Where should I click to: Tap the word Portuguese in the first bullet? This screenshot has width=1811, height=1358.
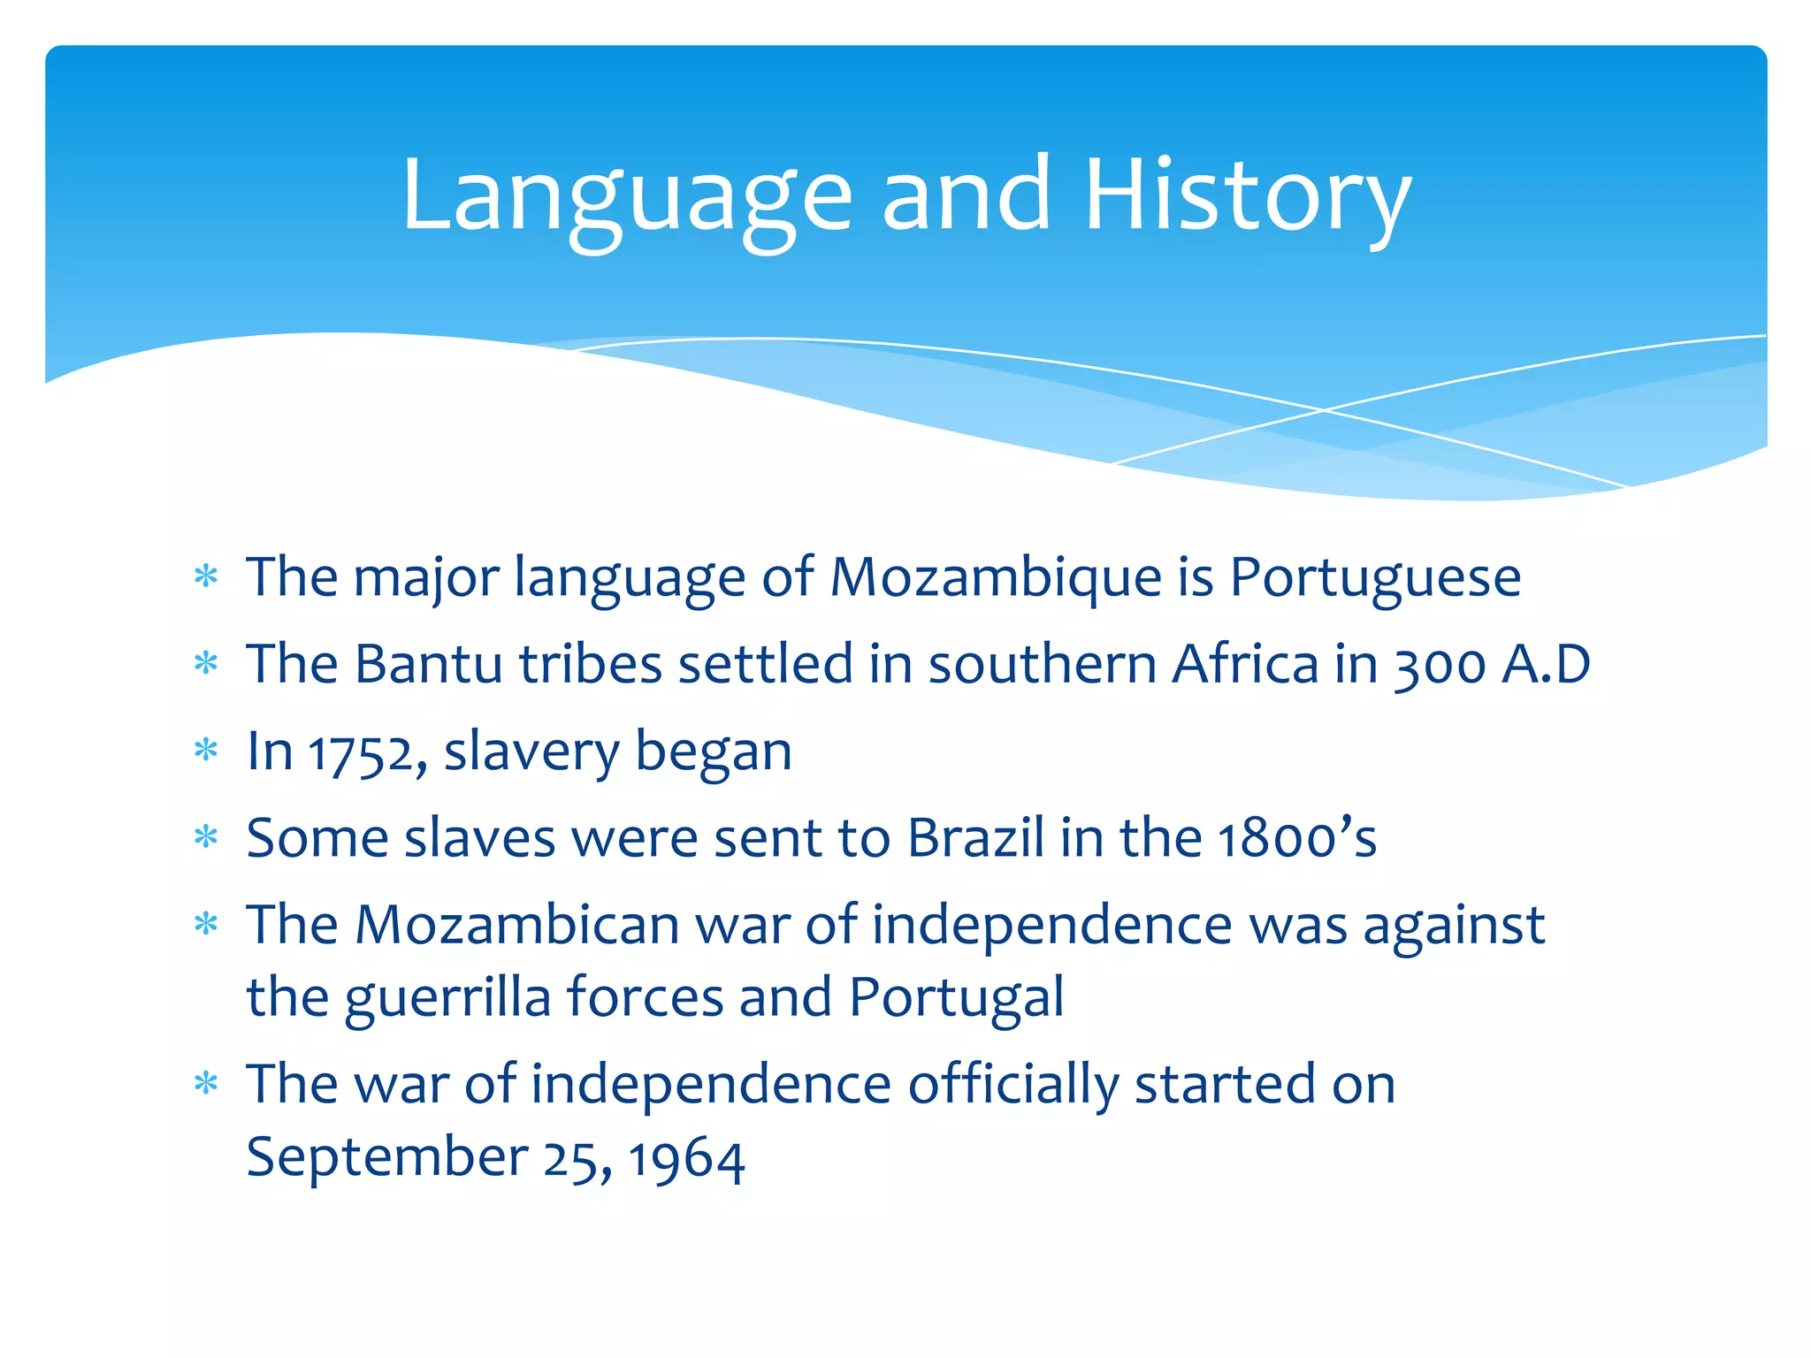tap(1375, 578)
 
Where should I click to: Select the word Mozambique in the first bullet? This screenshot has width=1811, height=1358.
tap(995, 578)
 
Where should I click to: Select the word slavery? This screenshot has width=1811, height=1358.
tap(531, 752)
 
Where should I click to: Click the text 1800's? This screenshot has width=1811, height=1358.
tap(1296, 837)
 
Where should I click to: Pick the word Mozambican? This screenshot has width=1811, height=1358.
tap(516, 926)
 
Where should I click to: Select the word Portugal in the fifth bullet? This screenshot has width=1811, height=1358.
tap(956, 997)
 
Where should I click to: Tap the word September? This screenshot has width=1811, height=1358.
tap(387, 1158)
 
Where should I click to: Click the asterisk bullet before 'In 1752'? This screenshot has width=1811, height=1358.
tap(206, 751)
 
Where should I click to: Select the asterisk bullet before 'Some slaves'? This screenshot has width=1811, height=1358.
tap(206, 836)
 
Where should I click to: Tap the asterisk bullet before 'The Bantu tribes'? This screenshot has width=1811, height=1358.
tap(206, 663)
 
